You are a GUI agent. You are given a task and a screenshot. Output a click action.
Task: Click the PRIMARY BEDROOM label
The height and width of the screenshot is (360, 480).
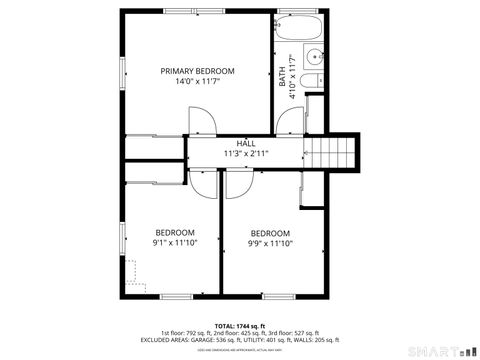coord(198,71)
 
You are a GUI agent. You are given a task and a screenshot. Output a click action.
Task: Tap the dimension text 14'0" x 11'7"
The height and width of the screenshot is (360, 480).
coord(198,83)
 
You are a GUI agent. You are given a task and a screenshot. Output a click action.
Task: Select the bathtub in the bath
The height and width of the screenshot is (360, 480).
coord(298,26)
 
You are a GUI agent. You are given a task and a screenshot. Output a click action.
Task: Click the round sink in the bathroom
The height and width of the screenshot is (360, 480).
coord(314,56)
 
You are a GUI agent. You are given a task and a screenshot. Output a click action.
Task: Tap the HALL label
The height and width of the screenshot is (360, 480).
coord(245,144)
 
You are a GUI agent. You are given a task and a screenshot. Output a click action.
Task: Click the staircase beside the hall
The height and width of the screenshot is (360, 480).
coord(329,152)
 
